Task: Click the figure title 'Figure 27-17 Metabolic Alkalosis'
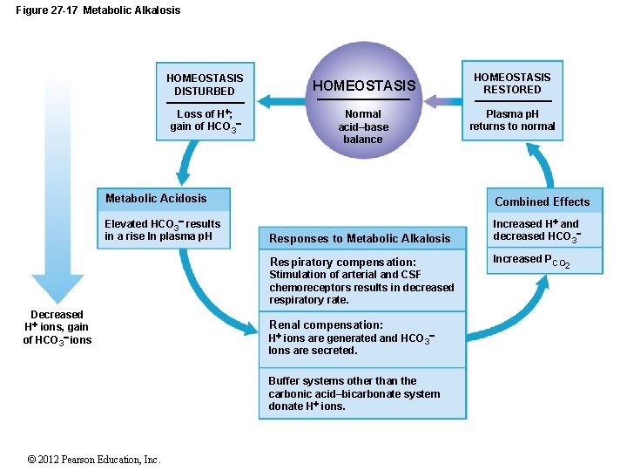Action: pyautogui.click(x=98, y=10)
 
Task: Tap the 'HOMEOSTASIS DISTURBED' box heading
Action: pyautogui.click(x=205, y=85)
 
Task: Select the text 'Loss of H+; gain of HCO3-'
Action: pyautogui.click(x=205, y=120)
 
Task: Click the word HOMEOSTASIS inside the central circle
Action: pyautogui.click(x=364, y=85)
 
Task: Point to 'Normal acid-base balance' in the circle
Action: pyautogui.click(x=363, y=126)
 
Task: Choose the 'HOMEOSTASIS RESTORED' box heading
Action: pyautogui.click(x=512, y=83)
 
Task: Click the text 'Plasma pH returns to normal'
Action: pyautogui.click(x=512, y=120)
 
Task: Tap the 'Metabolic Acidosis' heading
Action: pyautogui.click(x=156, y=198)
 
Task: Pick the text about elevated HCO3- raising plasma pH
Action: pyautogui.click(x=163, y=230)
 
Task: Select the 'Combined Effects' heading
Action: pyautogui.click(x=542, y=201)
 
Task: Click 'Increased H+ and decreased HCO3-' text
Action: pyautogui.click(x=536, y=230)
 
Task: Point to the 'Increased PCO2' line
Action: pyautogui.click(x=531, y=260)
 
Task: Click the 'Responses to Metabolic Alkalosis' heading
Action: pyautogui.click(x=360, y=238)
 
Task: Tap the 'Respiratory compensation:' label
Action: pyautogui.click(x=342, y=262)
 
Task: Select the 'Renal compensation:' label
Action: pyautogui.click(x=326, y=324)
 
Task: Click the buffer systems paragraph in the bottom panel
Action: pyautogui.click(x=354, y=393)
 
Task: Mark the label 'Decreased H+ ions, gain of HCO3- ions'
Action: pyautogui.click(x=57, y=327)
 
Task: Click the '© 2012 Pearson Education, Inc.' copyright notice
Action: pyautogui.click(x=94, y=460)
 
